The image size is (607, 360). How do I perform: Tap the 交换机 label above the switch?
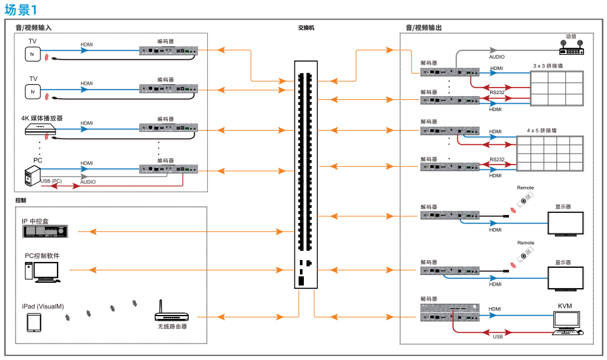tap(306, 28)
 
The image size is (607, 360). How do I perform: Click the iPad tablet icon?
tap(34, 323)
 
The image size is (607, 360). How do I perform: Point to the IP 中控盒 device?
tap(45, 231)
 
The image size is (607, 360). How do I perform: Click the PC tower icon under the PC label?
tap(33, 175)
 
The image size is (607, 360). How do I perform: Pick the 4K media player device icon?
tap(41, 129)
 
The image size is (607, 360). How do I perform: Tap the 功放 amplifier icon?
tap(571, 48)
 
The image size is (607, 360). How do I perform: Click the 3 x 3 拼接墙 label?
tap(548, 66)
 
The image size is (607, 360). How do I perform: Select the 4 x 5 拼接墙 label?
tap(542, 131)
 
